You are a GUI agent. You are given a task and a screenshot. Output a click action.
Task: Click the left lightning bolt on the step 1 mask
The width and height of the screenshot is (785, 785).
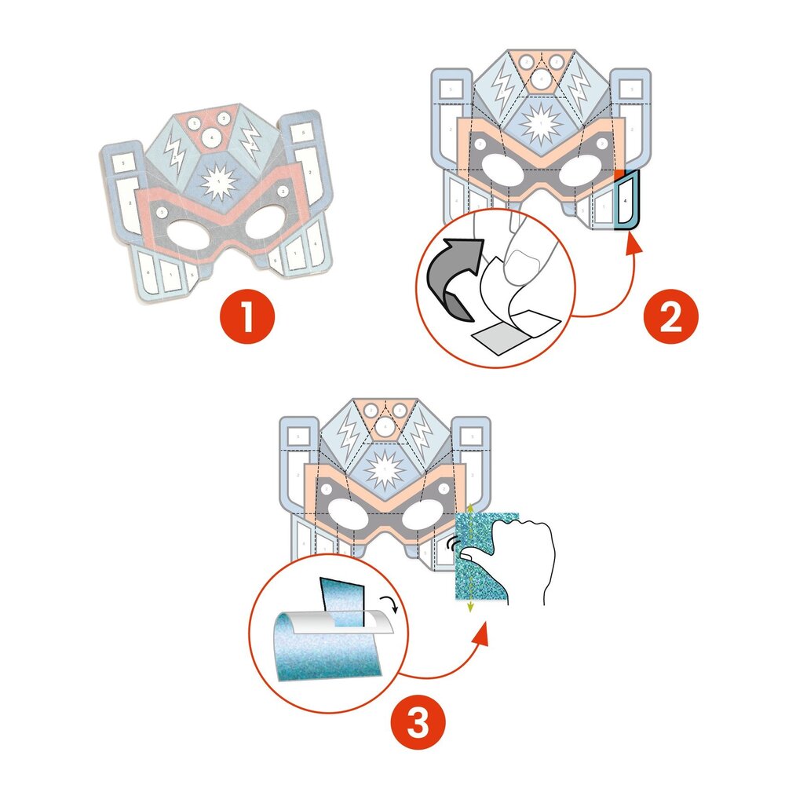(173, 153)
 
